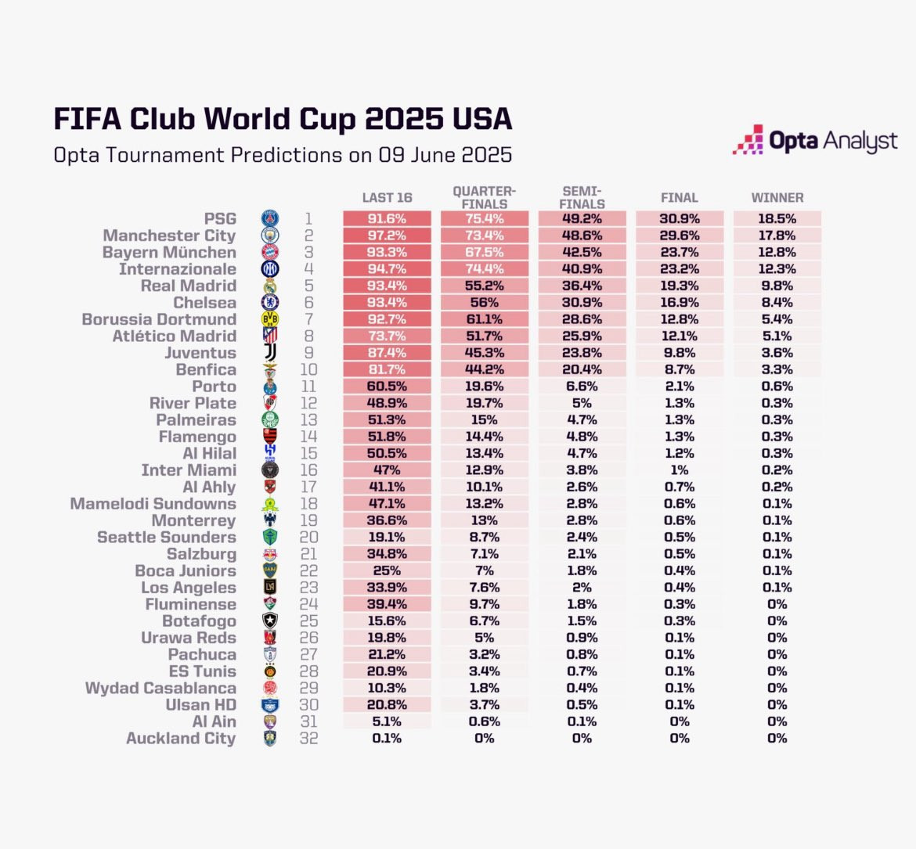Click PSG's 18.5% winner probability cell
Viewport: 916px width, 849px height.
coord(777,219)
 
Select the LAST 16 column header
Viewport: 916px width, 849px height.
coord(387,198)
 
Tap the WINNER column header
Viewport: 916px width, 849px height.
coord(777,198)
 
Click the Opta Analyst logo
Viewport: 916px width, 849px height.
coord(815,141)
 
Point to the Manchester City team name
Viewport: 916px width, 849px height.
coord(169,236)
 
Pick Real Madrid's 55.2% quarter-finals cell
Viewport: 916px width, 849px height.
coord(484,286)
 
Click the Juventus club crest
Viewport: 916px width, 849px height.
coord(270,353)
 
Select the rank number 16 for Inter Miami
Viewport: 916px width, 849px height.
coord(308,470)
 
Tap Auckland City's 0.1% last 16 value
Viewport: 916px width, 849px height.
coord(387,739)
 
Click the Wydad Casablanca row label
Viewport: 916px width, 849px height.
coord(160,689)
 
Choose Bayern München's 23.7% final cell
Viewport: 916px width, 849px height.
coord(679,253)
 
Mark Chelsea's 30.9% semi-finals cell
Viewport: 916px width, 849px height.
coord(582,303)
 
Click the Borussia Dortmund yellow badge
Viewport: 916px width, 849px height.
coord(270,319)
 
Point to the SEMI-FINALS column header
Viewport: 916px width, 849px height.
coord(582,197)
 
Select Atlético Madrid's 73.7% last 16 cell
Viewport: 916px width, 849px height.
coord(387,336)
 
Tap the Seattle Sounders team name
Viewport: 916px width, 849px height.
coord(166,538)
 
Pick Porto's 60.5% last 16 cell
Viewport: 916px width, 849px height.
coord(387,387)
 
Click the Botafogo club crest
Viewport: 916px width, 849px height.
coord(270,621)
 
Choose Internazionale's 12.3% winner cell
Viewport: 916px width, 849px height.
coord(777,269)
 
